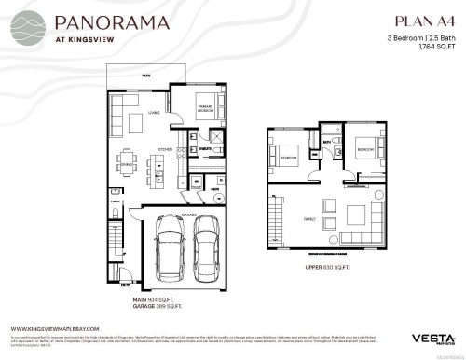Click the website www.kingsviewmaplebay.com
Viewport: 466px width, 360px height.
56,327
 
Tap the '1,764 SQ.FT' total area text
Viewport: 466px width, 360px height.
430,46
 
